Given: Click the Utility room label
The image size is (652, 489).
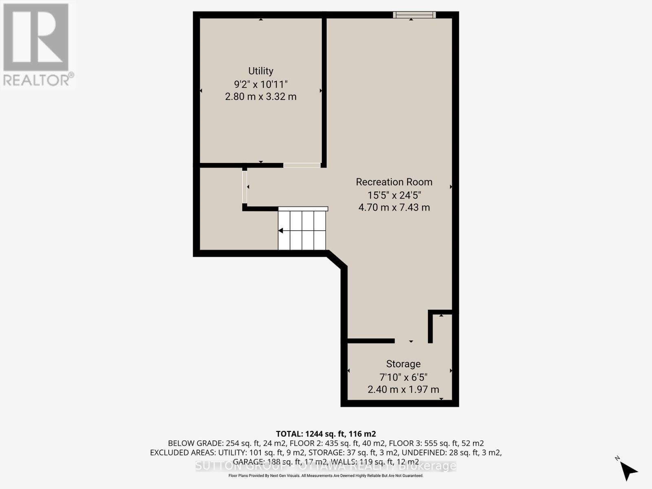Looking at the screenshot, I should (x=261, y=71).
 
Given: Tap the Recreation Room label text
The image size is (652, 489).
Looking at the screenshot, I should (x=394, y=182).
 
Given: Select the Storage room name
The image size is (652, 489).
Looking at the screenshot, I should (x=403, y=364).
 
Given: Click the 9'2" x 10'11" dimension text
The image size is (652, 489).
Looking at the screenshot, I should (x=261, y=84).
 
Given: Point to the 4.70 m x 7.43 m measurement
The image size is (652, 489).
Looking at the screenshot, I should (x=394, y=207).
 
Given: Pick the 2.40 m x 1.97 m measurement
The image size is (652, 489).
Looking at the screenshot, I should (x=403, y=390).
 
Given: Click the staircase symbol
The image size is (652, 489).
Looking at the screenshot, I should (x=303, y=230).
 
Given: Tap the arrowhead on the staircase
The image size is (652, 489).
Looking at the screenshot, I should (x=281, y=231).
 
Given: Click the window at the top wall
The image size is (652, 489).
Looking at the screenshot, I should (x=414, y=15).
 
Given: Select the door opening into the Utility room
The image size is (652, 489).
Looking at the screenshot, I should (x=302, y=165).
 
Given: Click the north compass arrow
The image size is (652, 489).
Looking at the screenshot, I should (x=630, y=471).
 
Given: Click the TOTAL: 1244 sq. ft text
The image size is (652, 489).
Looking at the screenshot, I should (x=326, y=434).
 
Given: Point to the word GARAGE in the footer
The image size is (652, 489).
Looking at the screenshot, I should (x=248, y=462).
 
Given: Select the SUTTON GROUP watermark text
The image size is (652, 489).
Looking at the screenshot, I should (x=326, y=466).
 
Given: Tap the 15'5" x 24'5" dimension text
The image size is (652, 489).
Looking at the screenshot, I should (x=394, y=195).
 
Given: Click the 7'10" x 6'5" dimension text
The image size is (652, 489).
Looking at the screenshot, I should (x=403, y=377).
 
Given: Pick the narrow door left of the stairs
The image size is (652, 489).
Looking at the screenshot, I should (x=244, y=187).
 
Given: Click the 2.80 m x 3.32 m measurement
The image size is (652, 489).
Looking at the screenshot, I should (x=261, y=97).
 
